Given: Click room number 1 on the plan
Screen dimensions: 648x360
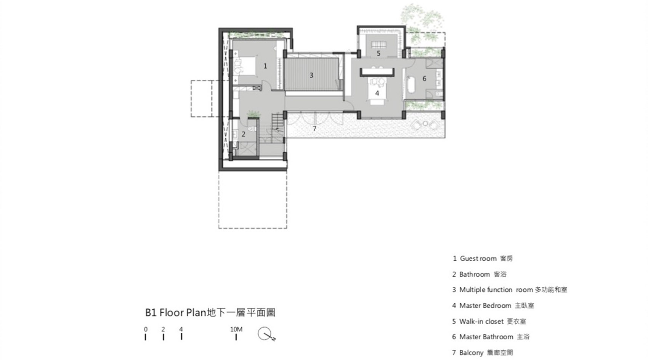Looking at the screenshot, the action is (265, 66).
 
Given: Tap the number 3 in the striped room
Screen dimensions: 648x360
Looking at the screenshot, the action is (311, 76).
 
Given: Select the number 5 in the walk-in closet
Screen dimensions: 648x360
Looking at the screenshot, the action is (379, 53).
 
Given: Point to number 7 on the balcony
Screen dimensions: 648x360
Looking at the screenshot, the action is (314, 129).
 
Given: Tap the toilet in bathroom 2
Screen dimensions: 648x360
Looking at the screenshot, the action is (252, 129).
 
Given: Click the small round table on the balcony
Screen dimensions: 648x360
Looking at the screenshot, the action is (425, 124).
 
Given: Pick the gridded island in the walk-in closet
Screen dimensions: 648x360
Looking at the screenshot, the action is (379, 45).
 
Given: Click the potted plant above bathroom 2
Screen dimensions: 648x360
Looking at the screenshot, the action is (254, 114).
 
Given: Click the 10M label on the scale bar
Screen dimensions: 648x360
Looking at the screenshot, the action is (236, 329).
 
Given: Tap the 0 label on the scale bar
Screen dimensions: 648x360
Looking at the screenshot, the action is (146, 329).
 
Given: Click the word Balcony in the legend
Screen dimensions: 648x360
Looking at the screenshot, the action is (471, 353).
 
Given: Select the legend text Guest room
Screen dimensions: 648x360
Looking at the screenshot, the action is (478, 259).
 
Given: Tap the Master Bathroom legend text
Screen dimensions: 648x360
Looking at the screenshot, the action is (486, 337).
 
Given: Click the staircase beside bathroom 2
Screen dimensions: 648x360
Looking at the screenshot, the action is (277, 127).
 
